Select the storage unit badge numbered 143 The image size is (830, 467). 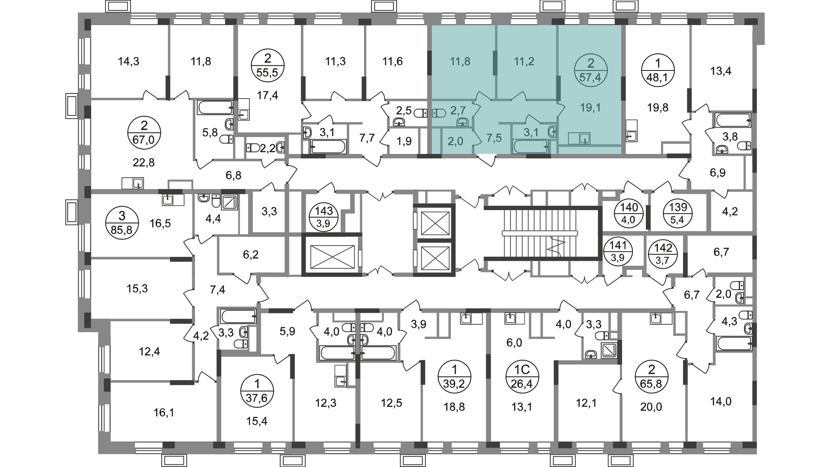pyautogui.click(x=324, y=217)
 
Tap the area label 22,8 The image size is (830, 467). pyautogui.click(x=144, y=163)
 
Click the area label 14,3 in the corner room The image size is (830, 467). pyautogui.click(x=128, y=61)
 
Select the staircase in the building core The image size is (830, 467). pyautogui.click(x=540, y=233)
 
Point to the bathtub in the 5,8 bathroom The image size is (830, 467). pyautogui.click(x=215, y=107)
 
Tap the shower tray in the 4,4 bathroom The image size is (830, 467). pyautogui.click(x=229, y=202)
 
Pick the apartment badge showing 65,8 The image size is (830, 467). pyautogui.click(x=651, y=377)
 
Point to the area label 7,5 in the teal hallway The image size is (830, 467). pyautogui.click(x=494, y=138)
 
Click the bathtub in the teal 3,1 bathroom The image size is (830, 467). pyautogui.click(x=531, y=146)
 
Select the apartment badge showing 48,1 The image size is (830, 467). pyautogui.click(x=658, y=72)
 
